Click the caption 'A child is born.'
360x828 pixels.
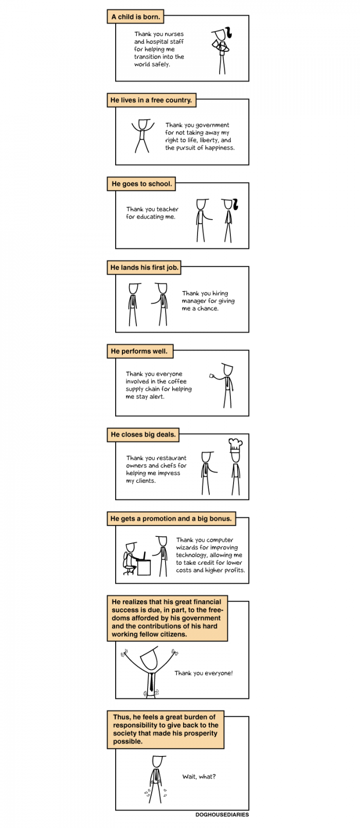[136, 16]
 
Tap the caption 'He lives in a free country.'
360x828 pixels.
[151, 100]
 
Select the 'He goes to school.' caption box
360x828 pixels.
[141, 184]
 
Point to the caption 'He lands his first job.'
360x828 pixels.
[144, 267]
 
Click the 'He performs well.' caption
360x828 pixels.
[140, 351]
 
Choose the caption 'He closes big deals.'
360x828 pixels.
[143, 435]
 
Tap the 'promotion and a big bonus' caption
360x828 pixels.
[171, 518]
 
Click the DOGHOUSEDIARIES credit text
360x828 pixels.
[222, 815]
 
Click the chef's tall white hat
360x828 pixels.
[236, 445]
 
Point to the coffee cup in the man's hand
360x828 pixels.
[211, 376]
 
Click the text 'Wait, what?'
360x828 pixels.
[199, 777]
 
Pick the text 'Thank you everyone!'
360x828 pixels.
[204, 673]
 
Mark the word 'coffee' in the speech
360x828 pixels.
[177, 381]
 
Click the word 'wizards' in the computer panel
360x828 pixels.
[187, 547]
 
